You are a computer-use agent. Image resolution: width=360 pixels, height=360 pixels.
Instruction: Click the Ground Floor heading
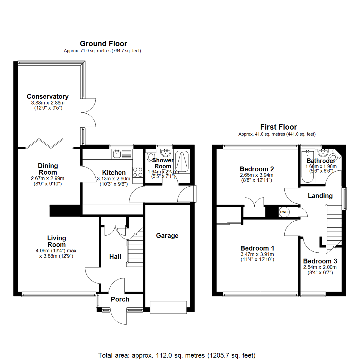(x=103, y=44)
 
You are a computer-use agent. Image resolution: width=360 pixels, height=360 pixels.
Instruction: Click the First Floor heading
(x=278, y=127)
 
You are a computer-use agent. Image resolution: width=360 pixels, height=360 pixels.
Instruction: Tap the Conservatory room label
(x=48, y=97)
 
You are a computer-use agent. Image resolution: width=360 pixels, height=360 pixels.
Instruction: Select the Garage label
(x=167, y=236)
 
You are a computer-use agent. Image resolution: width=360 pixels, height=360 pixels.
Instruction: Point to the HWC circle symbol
(x=283, y=212)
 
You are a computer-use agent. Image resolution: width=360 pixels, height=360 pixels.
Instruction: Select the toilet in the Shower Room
(x=151, y=157)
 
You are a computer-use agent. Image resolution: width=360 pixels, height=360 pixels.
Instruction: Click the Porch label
(x=120, y=299)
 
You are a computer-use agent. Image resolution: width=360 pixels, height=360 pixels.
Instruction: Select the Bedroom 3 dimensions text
(x=320, y=270)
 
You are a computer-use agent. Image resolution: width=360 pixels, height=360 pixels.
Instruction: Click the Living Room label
(x=56, y=241)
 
